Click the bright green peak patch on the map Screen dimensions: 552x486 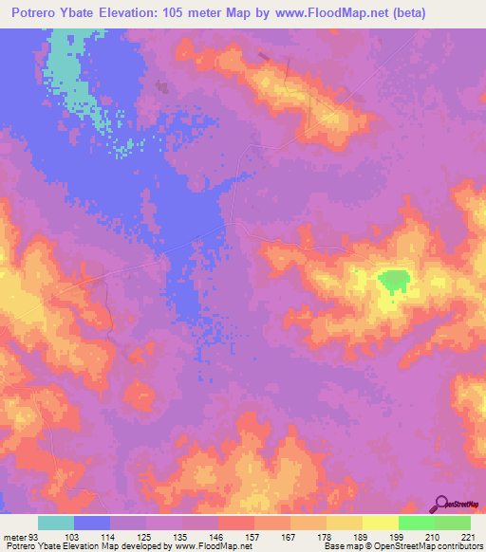[393, 280]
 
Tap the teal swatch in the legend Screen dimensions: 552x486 [55, 523]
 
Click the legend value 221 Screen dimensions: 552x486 [466, 538]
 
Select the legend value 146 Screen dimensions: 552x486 [215, 538]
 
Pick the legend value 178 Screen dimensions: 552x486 [325, 538]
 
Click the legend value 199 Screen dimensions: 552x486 [395, 538]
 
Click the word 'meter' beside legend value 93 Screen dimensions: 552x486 [14, 538]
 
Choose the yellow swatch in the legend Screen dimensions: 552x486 [380, 523]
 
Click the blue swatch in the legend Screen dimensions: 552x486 [91, 523]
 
